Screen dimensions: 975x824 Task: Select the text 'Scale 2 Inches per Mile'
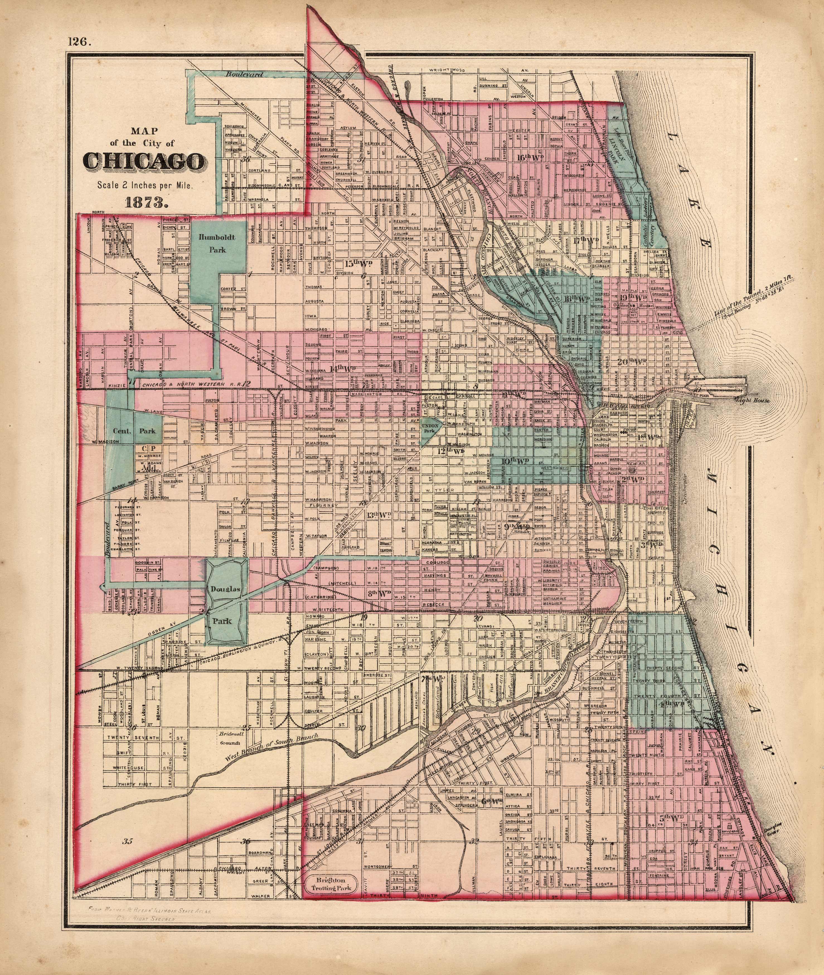(x=145, y=184)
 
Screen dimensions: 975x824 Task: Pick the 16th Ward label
(x=531, y=157)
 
